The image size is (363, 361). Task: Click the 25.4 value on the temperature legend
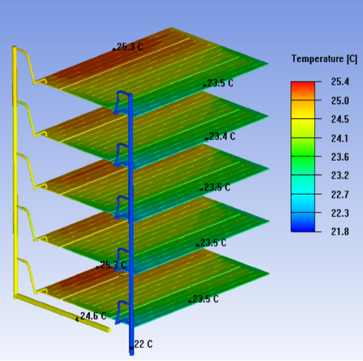(340, 82)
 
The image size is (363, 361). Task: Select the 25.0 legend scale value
(340, 101)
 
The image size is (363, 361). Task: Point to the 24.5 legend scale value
(340, 119)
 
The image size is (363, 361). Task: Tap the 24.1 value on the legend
(340, 138)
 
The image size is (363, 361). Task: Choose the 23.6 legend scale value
(340, 157)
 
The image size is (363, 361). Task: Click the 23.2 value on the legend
(340, 175)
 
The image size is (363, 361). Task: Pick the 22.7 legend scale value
(340, 194)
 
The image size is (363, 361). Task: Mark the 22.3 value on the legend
(340, 213)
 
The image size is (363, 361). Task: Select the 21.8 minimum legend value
(340, 232)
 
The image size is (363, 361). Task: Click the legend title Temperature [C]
(324, 59)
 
